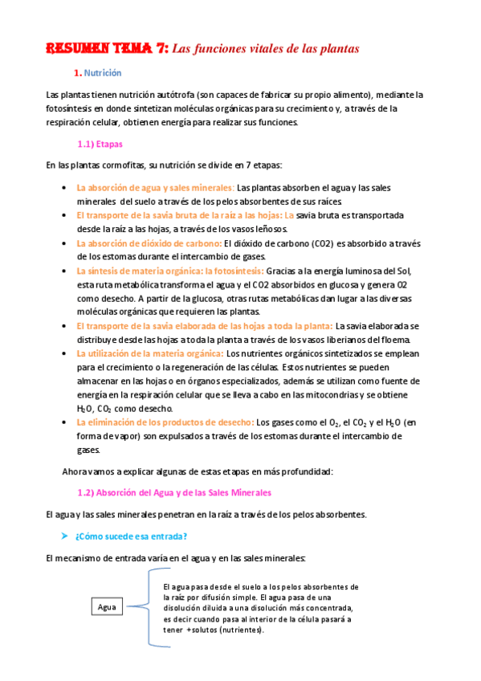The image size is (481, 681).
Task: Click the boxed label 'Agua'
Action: click(107, 607)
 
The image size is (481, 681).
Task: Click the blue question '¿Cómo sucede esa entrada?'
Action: click(132, 536)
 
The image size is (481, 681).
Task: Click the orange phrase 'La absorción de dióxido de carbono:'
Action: click(149, 243)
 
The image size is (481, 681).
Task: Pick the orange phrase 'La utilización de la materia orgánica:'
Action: click(149, 353)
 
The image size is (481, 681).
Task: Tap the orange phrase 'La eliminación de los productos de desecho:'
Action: click(165, 422)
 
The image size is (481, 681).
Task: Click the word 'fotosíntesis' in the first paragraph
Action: click(70, 108)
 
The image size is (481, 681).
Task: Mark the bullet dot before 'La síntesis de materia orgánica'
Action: click(64, 271)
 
